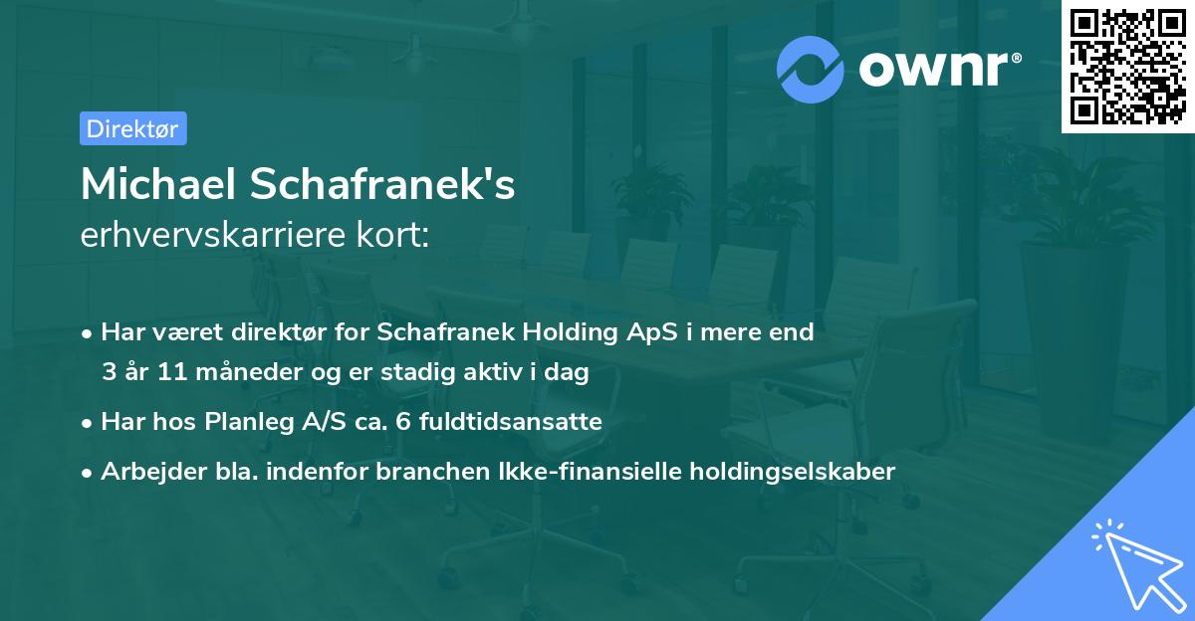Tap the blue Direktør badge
(132, 128)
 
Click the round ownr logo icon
(811, 69)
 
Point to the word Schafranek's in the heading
(409, 184)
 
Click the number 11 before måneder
(156, 373)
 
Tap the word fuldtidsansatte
(509, 422)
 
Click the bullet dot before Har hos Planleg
(89, 423)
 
